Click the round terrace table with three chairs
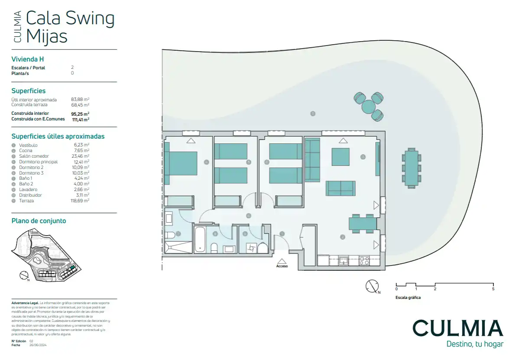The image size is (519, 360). click(368, 105)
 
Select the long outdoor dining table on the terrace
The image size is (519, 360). click(411, 168)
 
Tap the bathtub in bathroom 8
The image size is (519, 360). click(200, 239)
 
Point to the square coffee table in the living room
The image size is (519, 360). click(341, 157)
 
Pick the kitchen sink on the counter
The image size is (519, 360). click(344, 260)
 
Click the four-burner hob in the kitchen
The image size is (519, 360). click(364, 260)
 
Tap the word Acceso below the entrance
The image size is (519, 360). click(282, 266)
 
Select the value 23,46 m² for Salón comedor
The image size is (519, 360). click(80, 156)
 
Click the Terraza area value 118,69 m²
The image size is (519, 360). click(80, 201)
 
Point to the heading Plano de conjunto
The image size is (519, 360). click(39, 221)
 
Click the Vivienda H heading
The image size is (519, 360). click(28, 59)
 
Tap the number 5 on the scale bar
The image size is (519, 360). click(493, 289)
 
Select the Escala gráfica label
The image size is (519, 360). click(408, 298)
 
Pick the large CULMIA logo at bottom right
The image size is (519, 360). click(457, 328)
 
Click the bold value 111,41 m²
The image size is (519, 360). click(80, 119)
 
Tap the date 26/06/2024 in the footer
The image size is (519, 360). click(38, 345)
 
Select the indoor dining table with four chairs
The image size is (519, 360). click(363, 224)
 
